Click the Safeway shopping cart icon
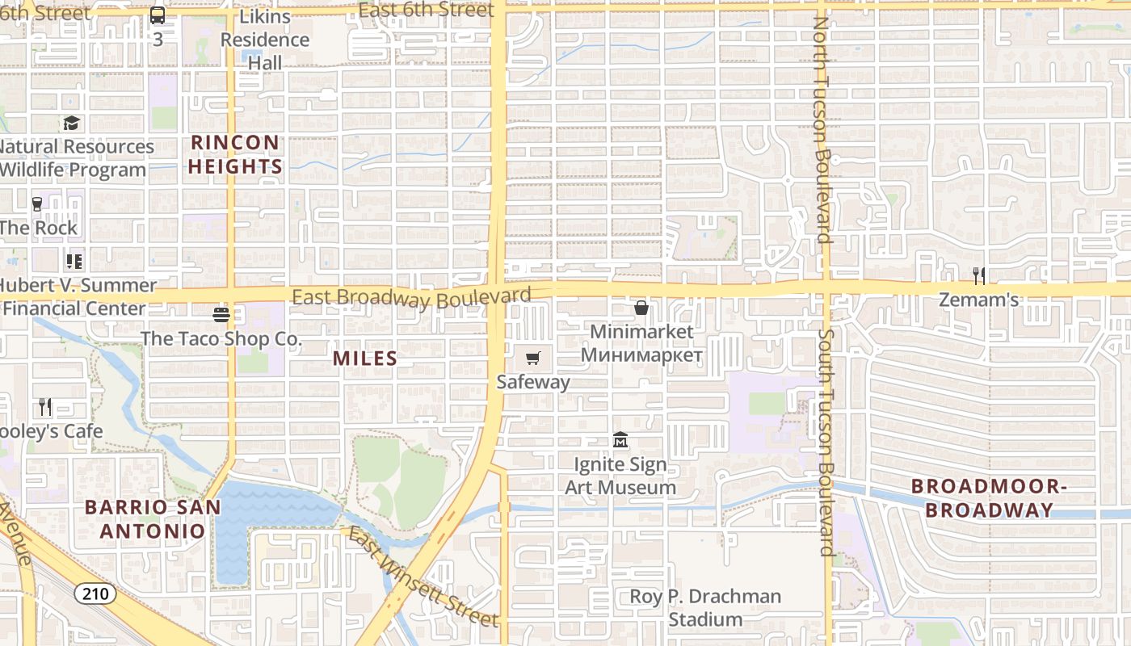[x=532, y=359]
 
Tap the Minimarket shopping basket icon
[x=641, y=308]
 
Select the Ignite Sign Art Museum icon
[x=620, y=440]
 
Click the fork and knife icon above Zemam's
[x=979, y=276]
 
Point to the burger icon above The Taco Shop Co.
[x=221, y=314]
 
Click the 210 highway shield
[x=95, y=594]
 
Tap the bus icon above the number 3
[x=158, y=15]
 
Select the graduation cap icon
[x=72, y=123]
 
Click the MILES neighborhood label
[x=365, y=359]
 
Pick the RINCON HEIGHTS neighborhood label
[x=236, y=155]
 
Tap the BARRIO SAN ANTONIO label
[x=153, y=519]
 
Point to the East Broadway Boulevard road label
[x=411, y=298]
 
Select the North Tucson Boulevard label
[x=822, y=129]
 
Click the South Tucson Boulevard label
[x=826, y=442]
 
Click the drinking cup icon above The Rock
[x=37, y=204]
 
